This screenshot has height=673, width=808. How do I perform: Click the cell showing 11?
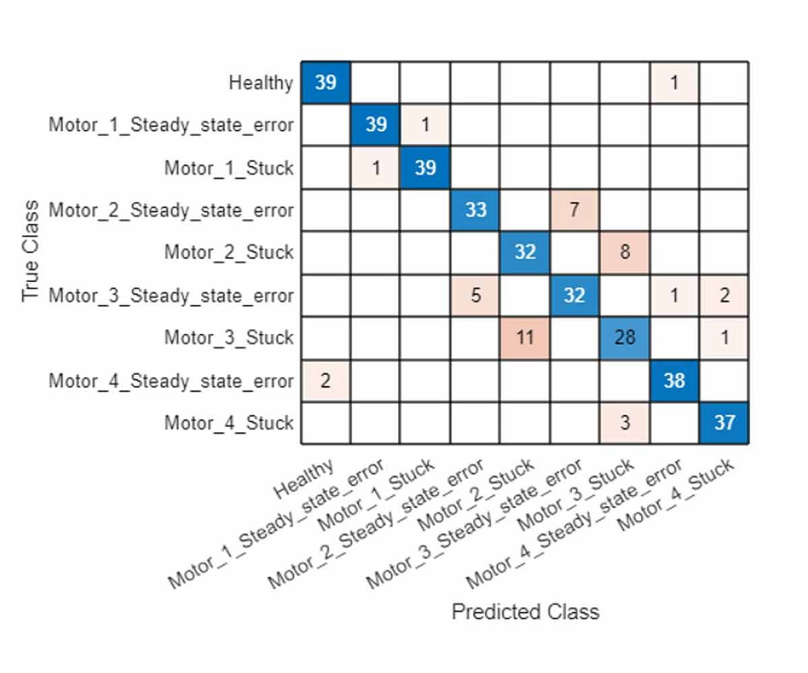(525, 338)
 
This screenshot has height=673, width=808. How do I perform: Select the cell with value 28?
(624, 338)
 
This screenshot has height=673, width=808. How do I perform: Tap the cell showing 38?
(674, 381)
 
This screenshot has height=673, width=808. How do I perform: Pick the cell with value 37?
(724, 423)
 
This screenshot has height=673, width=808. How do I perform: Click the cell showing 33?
(475, 210)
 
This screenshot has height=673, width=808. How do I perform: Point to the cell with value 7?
(574, 210)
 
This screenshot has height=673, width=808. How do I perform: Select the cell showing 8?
(624, 253)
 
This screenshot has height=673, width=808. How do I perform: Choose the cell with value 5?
(475, 295)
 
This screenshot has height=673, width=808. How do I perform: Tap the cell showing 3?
(624, 423)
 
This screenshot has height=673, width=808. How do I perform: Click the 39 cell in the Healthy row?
(325, 82)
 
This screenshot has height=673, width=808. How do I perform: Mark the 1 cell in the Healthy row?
(674, 82)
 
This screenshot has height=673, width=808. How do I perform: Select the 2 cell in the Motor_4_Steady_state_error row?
(325, 381)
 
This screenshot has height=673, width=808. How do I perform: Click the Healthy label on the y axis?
(261, 83)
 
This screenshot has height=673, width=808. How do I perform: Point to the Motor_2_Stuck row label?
(229, 252)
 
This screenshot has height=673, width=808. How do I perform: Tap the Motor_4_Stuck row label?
(229, 423)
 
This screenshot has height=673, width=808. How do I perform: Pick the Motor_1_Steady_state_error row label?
(171, 125)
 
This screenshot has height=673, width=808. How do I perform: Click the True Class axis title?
(31, 252)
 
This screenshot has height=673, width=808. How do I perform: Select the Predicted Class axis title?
(525, 612)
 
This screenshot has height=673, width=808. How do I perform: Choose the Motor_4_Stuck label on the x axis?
(676, 495)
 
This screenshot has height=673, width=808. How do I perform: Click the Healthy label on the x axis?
(304, 479)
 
